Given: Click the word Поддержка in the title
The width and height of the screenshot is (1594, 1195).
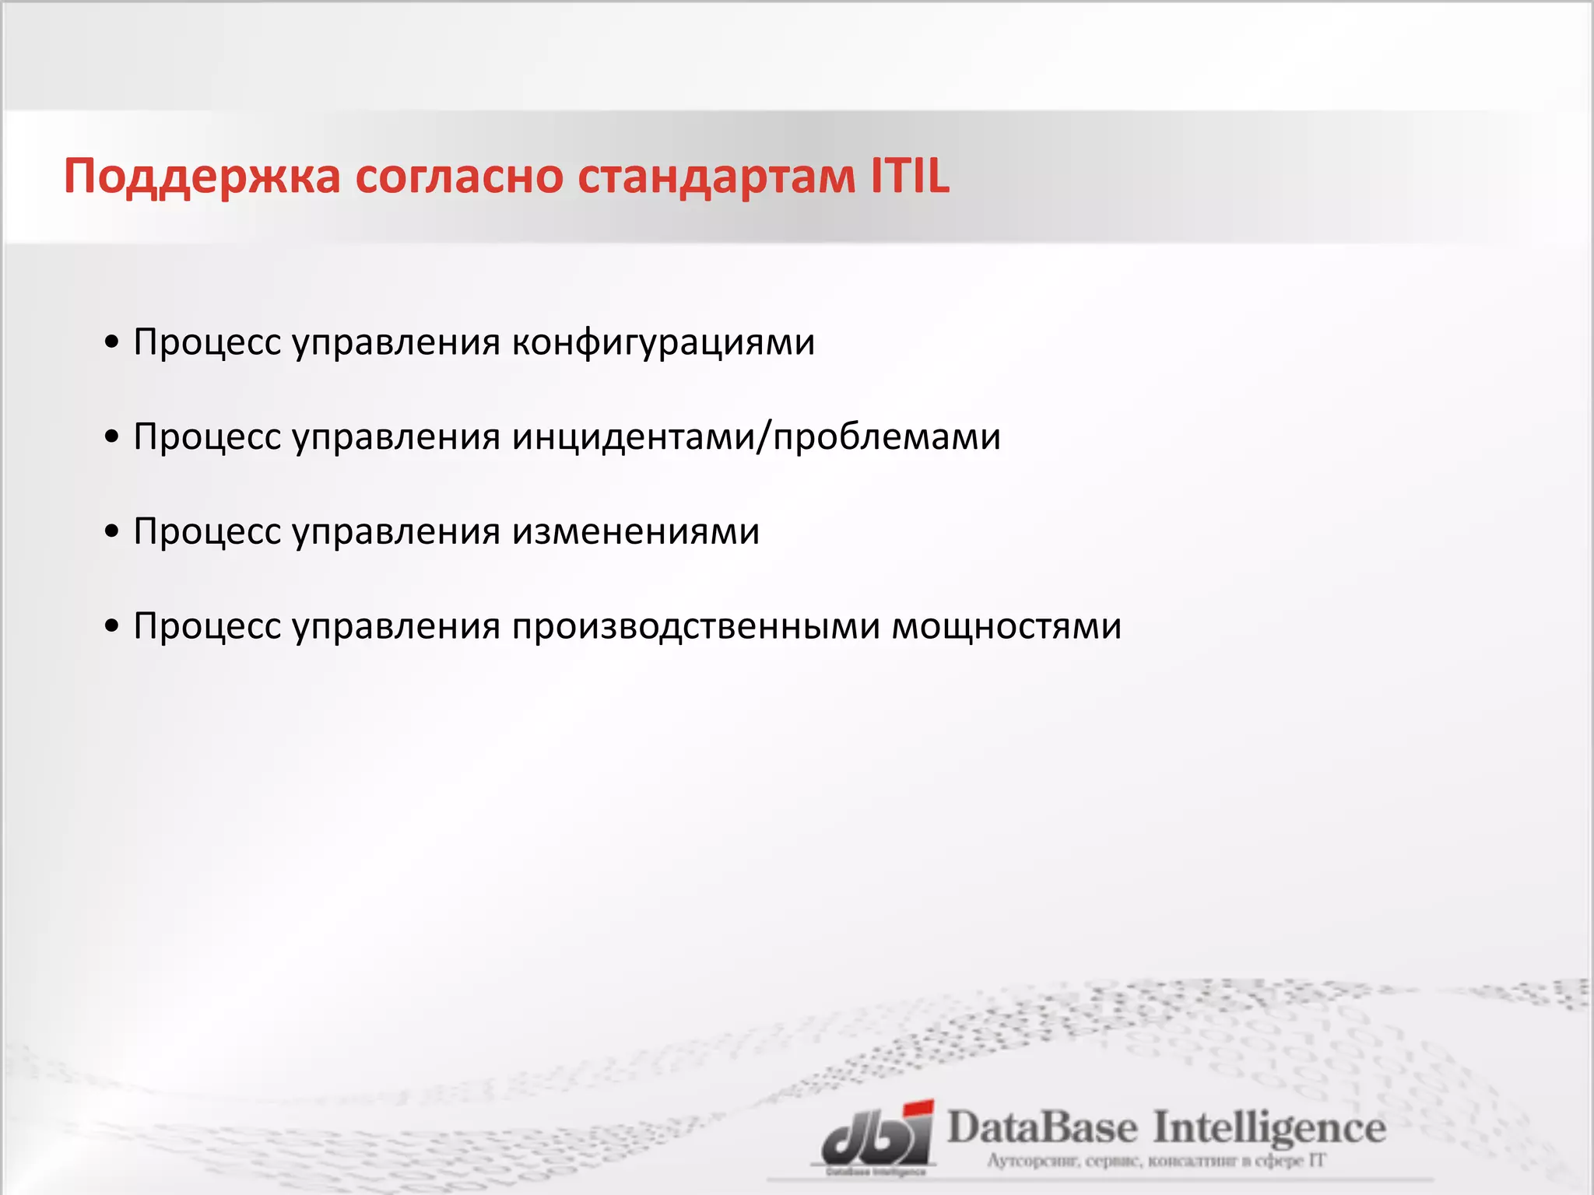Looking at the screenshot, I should (x=202, y=177).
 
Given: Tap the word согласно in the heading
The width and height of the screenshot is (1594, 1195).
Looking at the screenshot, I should (x=459, y=177).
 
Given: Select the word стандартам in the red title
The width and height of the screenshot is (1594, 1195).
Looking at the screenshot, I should (x=715, y=177).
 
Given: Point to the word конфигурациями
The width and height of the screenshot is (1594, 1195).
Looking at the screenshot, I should (x=662, y=342).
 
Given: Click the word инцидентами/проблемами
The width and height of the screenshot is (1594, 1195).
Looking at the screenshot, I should (x=756, y=436).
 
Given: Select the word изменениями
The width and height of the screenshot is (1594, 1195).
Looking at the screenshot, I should (x=635, y=532).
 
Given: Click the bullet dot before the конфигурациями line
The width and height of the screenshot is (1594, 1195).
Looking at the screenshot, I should (x=112, y=342).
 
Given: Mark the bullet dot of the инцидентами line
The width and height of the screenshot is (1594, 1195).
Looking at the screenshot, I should (x=112, y=437).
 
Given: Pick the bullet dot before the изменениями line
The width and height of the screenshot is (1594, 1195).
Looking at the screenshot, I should (x=112, y=532).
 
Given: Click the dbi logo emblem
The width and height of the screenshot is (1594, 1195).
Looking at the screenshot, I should (x=876, y=1138).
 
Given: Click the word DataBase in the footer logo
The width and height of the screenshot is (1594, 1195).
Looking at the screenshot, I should (x=1042, y=1127).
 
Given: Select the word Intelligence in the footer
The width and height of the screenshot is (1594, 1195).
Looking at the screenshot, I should (x=1269, y=1128).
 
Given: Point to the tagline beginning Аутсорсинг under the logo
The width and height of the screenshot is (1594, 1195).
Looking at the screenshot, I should (x=1155, y=1162).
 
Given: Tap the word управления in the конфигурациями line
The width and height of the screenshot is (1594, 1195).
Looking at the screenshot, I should (x=396, y=342).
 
